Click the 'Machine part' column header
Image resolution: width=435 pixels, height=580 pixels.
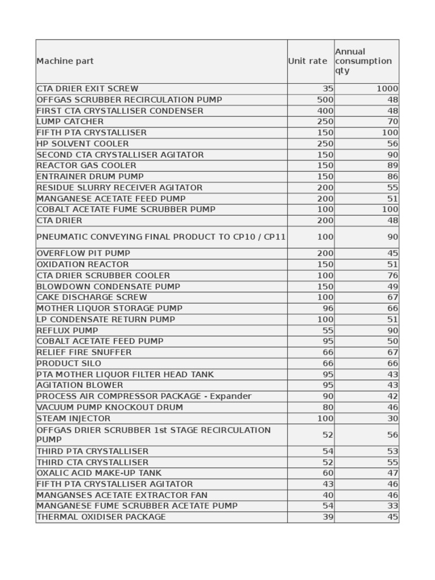[x=65, y=61]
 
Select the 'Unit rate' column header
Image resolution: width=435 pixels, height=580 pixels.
[x=308, y=61]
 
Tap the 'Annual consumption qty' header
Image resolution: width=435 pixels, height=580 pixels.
[x=363, y=61]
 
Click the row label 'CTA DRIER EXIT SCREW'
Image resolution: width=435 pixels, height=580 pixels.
[x=87, y=89]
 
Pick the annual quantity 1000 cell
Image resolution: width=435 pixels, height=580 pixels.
[x=387, y=89]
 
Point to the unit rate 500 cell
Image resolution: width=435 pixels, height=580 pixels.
[x=325, y=100]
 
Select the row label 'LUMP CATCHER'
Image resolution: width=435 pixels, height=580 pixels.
[x=70, y=122]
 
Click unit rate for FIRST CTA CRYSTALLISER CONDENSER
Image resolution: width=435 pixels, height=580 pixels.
[x=325, y=111]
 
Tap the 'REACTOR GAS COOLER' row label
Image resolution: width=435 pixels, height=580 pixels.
[x=86, y=165]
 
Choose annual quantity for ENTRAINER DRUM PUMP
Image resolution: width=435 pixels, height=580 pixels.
[x=393, y=177]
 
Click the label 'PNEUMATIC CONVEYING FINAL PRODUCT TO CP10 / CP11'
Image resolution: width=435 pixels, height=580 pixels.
[x=161, y=237]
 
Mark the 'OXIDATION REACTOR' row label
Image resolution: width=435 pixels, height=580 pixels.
[x=83, y=265]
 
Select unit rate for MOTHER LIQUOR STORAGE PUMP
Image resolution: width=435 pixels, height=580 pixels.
[x=327, y=309]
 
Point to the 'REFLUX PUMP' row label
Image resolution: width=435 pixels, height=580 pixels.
[x=67, y=330]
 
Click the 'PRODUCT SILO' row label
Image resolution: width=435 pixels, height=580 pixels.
[x=69, y=363]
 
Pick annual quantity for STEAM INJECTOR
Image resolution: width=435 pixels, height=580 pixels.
[x=393, y=419]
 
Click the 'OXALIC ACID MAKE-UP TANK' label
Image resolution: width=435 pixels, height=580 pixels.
[x=99, y=473]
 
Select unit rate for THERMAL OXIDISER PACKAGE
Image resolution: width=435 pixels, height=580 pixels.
[x=327, y=517]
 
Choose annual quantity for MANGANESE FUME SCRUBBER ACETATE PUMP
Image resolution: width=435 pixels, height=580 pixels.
[x=393, y=506]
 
